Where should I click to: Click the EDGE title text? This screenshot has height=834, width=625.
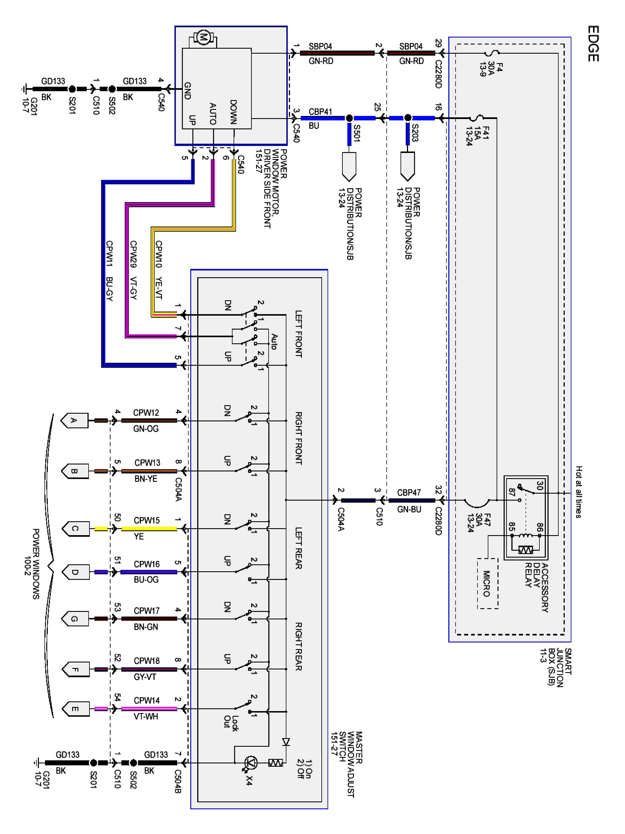point(593,43)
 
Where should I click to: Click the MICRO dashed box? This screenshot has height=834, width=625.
point(487,583)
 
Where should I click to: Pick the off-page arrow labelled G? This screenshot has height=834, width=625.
point(75,619)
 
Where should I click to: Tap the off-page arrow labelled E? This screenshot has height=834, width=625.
point(75,709)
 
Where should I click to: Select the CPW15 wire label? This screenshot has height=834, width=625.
point(147,520)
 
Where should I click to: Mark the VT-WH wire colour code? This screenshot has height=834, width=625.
point(146,716)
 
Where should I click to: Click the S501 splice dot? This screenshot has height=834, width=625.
point(349,118)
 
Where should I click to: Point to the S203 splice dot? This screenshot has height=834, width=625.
point(407,118)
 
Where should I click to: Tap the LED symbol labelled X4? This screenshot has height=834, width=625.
point(251,763)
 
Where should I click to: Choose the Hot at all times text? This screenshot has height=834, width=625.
point(579,492)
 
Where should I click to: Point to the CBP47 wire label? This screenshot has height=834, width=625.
point(409,492)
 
